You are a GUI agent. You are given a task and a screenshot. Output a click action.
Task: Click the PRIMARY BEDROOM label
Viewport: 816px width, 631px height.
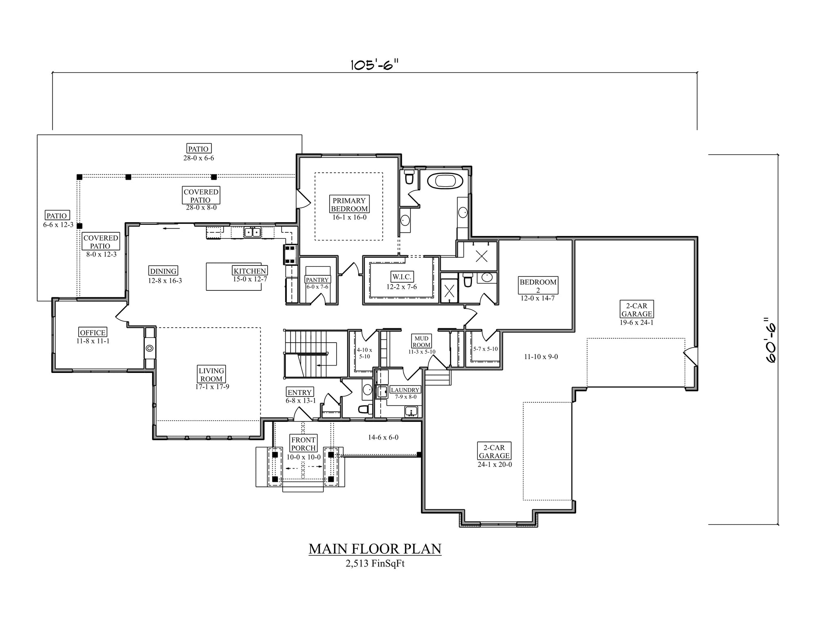point(349,204)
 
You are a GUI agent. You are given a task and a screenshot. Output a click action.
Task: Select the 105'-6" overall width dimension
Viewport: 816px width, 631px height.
point(374,65)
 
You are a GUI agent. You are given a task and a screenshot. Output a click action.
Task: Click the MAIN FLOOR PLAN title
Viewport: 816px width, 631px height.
point(375,549)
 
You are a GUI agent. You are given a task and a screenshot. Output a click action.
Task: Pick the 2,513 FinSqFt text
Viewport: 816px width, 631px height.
point(375,564)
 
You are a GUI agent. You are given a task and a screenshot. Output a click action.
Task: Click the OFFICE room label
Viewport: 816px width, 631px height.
point(93,332)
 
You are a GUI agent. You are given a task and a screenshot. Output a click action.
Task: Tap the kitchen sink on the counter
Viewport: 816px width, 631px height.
point(253,232)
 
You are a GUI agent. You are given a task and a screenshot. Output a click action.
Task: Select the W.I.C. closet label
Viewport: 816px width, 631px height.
point(402,277)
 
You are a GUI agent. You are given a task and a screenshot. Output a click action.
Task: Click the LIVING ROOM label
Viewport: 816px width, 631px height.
point(211,375)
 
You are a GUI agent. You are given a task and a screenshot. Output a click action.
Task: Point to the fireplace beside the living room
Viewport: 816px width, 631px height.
point(150,348)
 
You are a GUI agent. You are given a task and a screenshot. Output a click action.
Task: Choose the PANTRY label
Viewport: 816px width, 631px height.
point(317,280)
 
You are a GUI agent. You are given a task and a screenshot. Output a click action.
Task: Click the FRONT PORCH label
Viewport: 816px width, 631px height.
point(303,444)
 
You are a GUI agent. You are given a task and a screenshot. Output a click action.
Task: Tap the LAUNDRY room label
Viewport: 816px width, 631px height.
point(405,390)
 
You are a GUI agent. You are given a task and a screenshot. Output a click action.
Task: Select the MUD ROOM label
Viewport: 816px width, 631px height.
point(421,342)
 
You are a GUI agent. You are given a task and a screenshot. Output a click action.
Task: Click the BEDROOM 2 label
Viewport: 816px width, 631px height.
point(538,286)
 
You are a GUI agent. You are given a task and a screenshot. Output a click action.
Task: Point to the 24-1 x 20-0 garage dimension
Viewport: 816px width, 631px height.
point(495,464)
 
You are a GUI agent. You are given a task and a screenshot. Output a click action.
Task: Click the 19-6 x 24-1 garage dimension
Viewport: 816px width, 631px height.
point(636,322)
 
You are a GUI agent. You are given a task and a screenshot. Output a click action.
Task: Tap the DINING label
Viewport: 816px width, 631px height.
point(163,271)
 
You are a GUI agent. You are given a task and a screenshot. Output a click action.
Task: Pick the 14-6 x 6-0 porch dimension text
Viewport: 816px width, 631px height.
point(383,437)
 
